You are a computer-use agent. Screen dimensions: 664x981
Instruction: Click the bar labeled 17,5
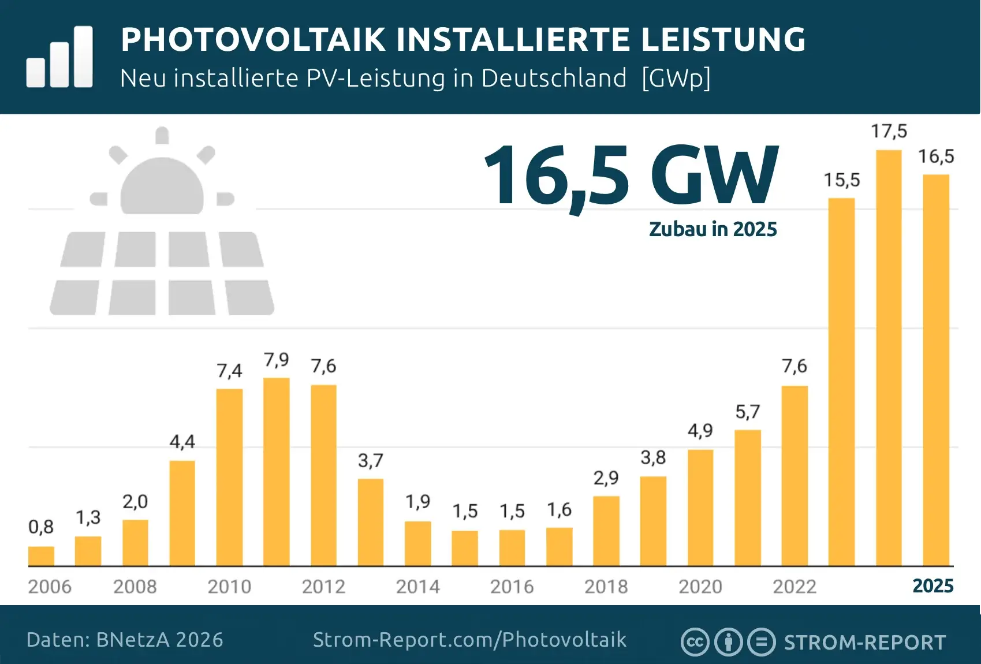coord(889,358)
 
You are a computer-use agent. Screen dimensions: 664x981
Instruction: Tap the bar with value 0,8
coord(41,556)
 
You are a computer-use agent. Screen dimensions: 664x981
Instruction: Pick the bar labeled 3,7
coord(370,523)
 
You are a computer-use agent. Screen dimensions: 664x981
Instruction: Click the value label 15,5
coord(841,180)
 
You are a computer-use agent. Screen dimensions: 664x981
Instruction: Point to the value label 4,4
coord(182,442)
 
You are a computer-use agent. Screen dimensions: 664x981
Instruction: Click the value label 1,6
coord(559,510)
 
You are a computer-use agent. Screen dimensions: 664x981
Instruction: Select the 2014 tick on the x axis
coord(417,587)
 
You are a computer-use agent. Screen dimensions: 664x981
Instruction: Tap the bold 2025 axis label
coord(932,586)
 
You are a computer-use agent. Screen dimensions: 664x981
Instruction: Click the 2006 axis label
coord(50,587)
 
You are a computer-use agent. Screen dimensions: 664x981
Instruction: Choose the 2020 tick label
coord(700,587)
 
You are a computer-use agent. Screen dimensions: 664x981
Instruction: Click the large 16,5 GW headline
coord(631,176)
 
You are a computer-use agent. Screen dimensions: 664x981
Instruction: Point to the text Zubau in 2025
coord(713,229)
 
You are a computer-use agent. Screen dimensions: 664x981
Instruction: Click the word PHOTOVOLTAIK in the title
coord(253,39)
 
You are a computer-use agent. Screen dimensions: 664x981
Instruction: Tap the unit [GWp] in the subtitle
coord(676,78)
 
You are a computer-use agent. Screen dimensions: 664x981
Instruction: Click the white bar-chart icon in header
coord(59,58)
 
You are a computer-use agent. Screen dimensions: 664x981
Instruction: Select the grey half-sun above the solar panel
coord(162,185)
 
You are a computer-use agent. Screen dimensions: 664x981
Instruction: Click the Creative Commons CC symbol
coord(695,642)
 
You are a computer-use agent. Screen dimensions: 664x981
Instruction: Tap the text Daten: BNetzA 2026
coord(125,640)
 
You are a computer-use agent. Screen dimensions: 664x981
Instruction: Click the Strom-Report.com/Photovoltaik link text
coord(469,640)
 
